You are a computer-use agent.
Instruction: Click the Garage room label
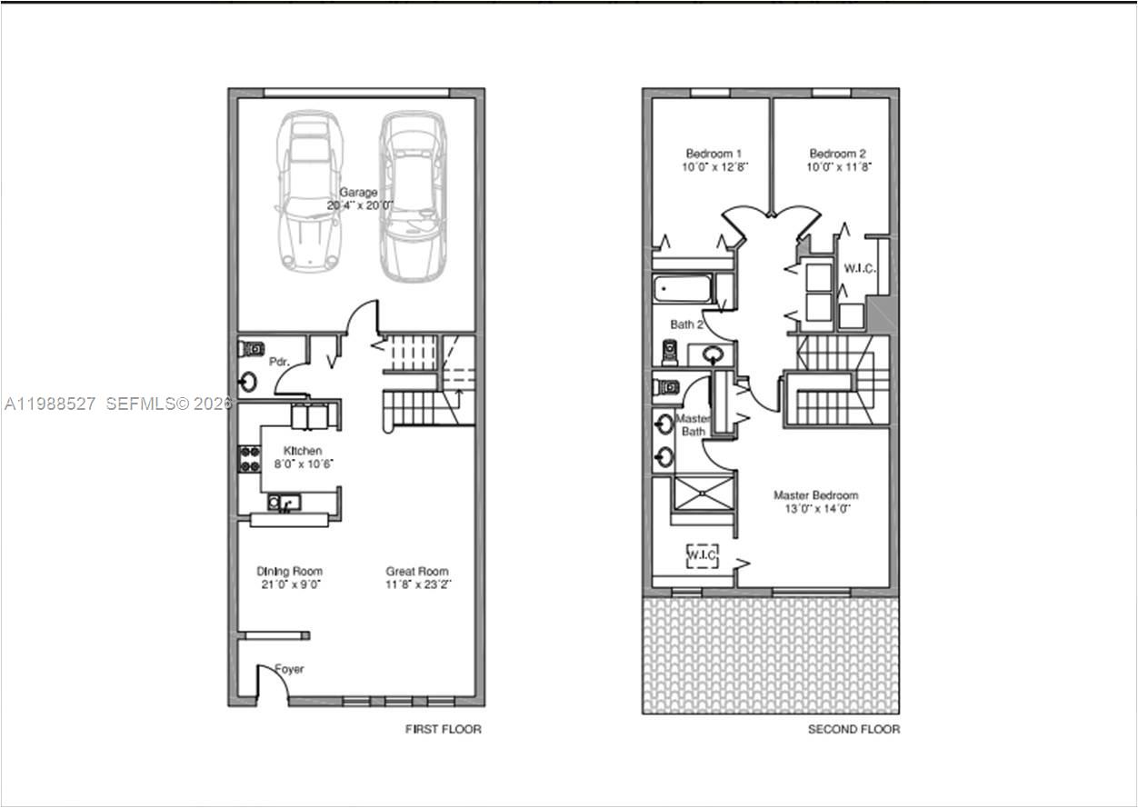(358, 193)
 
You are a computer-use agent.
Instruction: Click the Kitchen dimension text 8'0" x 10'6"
(304, 464)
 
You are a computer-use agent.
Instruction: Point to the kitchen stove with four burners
(249, 459)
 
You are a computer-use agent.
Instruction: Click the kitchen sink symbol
(284, 503)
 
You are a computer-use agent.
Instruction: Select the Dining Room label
(289, 572)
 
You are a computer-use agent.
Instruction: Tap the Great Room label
(416, 572)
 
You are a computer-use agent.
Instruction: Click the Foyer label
(290, 670)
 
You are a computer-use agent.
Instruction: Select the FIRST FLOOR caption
(443, 729)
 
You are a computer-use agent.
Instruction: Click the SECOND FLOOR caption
(853, 729)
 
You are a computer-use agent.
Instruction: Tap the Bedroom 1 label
(714, 154)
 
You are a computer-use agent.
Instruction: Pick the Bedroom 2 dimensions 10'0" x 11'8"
(839, 167)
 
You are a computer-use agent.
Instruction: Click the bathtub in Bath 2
(683, 289)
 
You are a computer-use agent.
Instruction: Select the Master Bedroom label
(815, 495)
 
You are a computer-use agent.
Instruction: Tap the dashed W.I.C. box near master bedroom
(702, 554)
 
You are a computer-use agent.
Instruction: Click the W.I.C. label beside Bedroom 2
(858, 268)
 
